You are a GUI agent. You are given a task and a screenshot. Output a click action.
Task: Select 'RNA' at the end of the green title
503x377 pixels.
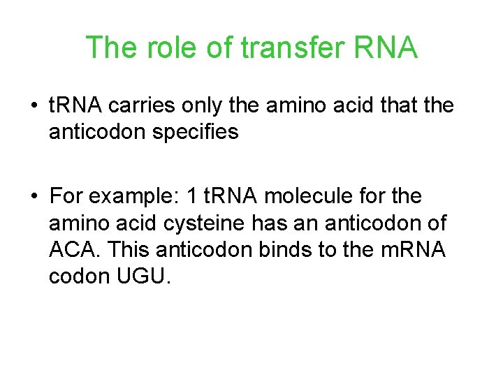(387, 48)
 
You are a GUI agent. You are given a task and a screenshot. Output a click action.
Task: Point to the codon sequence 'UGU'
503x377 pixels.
(140, 276)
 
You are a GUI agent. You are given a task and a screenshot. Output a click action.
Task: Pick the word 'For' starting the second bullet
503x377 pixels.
(66, 197)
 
